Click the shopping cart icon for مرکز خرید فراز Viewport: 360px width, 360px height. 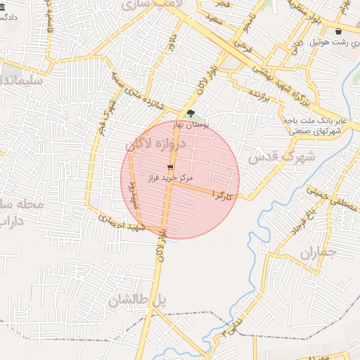click(170, 167)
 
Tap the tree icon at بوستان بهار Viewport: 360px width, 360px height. click(190, 112)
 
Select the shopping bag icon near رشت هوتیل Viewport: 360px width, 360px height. click(340, 32)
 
